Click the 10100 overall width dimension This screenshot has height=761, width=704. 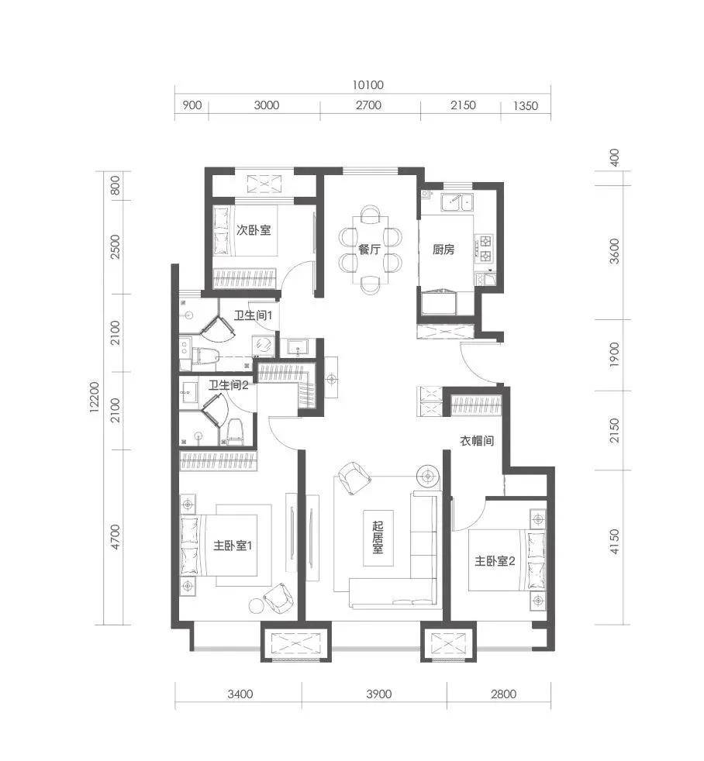coord(368,85)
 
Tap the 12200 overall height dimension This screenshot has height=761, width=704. coord(94,397)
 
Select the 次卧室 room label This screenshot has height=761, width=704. coord(254,229)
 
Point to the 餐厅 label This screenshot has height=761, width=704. coord(369,250)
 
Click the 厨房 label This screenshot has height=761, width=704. coord(443,250)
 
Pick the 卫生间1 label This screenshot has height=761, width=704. coord(253,315)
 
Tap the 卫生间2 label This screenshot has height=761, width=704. coord(228,385)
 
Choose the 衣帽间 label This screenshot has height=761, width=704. coord(477,441)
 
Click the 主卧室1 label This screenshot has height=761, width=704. coord(233,546)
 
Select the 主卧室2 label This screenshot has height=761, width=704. coord(495,561)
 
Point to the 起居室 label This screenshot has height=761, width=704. coord(378,537)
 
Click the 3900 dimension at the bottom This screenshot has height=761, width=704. coord(378,694)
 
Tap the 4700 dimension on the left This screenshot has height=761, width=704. coord(115,537)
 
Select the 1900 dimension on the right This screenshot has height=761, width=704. coord(614,355)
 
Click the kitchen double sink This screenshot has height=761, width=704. coord(457,201)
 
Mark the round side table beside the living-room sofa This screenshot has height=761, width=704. coord(428,477)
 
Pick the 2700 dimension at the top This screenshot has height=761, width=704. coord(368,105)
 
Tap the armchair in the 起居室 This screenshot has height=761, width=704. coord(354,477)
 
